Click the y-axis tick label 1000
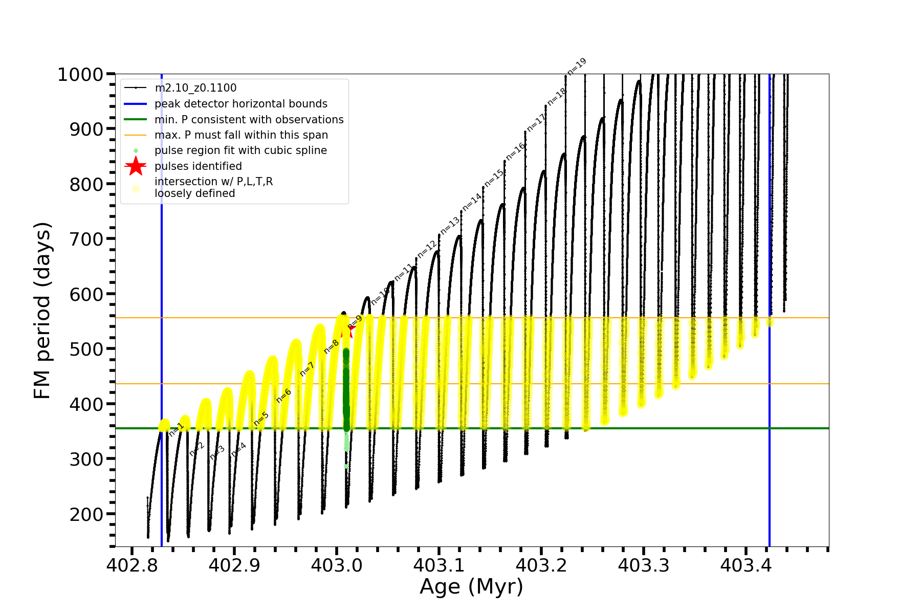pyautogui.click(x=80, y=75)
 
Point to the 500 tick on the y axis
pyautogui.click(x=86, y=349)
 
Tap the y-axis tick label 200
pyautogui.click(x=86, y=515)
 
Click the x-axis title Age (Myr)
pyautogui.click(x=471, y=587)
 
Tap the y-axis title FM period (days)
pyautogui.click(x=42, y=311)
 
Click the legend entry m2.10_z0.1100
pyautogui.click(x=195, y=89)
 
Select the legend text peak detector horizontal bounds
pyautogui.click(x=241, y=104)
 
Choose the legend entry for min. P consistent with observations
pyautogui.click(x=249, y=120)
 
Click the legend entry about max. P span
pyautogui.click(x=241, y=135)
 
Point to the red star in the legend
pyautogui.click(x=136, y=166)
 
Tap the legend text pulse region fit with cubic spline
pyautogui.click(x=240, y=150)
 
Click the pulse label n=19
pyautogui.click(x=577, y=67)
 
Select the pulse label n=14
pyautogui.click(x=472, y=202)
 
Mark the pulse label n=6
pyautogui.click(x=283, y=396)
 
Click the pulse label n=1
pyautogui.click(x=176, y=429)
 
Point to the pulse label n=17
pyautogui.click(x=536, y=122)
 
